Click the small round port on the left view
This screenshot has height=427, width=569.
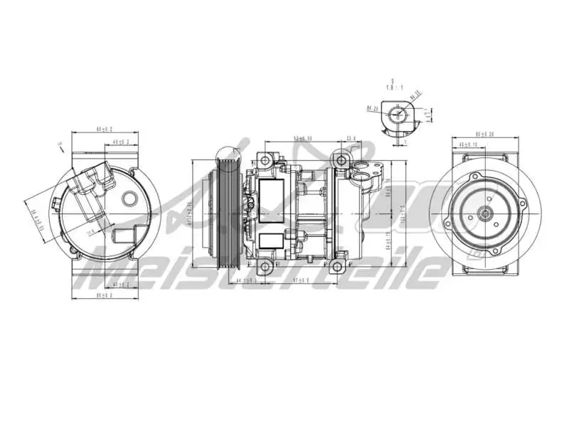coord(129,197)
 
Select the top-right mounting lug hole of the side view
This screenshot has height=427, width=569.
coord(343,158)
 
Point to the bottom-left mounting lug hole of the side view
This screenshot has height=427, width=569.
coord(265,268)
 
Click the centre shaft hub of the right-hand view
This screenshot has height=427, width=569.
coord(485,211)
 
